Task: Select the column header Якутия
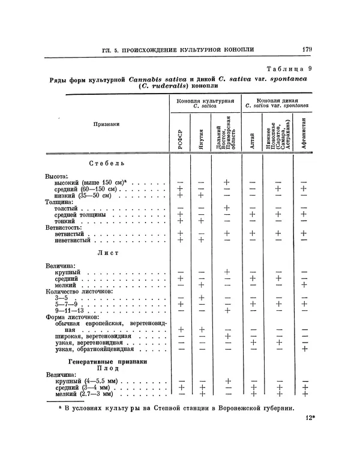coord(202,137)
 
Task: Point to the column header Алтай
coord(251,137)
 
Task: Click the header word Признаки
coord(107,124)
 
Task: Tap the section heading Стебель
coord(106,163)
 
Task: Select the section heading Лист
coord(106,253)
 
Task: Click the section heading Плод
coord(106,370)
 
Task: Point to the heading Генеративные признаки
coord(106,362)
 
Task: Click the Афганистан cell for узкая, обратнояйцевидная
coord(304,349)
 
